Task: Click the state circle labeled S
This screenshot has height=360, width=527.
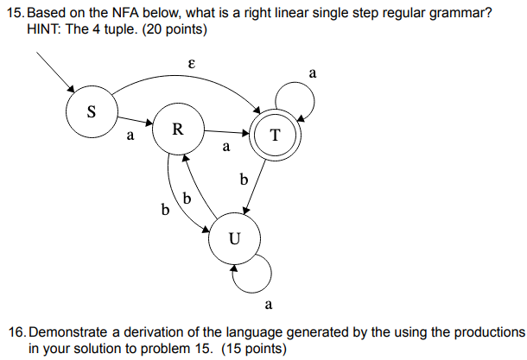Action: point(92,112)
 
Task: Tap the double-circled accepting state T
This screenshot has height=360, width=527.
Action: point(275,136)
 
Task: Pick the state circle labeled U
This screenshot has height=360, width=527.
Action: point(233,237)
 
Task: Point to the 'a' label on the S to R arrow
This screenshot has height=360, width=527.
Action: point(130,136)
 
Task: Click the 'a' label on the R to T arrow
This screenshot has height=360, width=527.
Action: point(225,147)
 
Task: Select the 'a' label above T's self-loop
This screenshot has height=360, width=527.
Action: point(312,75)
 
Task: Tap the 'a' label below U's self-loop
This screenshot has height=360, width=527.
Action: point(269,304)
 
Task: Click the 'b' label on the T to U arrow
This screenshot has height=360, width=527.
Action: point(244,180)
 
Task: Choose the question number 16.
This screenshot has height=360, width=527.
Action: point(16,332)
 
